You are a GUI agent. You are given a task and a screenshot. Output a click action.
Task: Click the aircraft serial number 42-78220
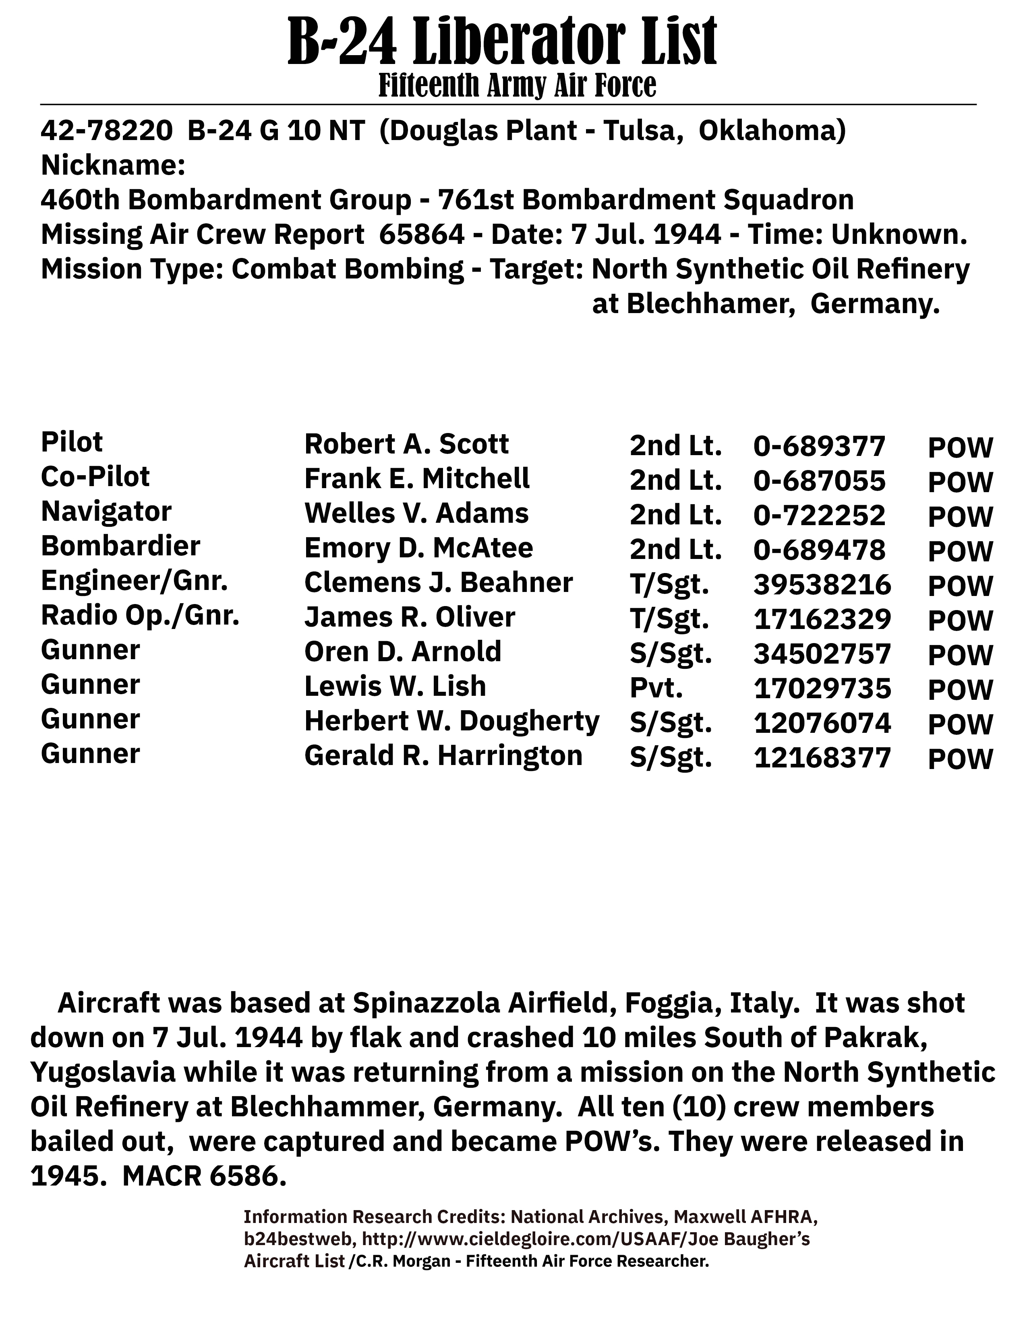[106, 131]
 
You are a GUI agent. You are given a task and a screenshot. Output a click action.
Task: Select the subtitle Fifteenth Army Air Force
[517, 85]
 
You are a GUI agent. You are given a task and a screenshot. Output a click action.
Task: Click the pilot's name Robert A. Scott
[406, 445]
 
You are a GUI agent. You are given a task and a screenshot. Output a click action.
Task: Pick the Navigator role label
[106, 511]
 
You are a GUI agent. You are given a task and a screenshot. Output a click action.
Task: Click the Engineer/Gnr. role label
[134, 582]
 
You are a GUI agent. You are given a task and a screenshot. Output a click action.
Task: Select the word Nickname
[112, 165]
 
